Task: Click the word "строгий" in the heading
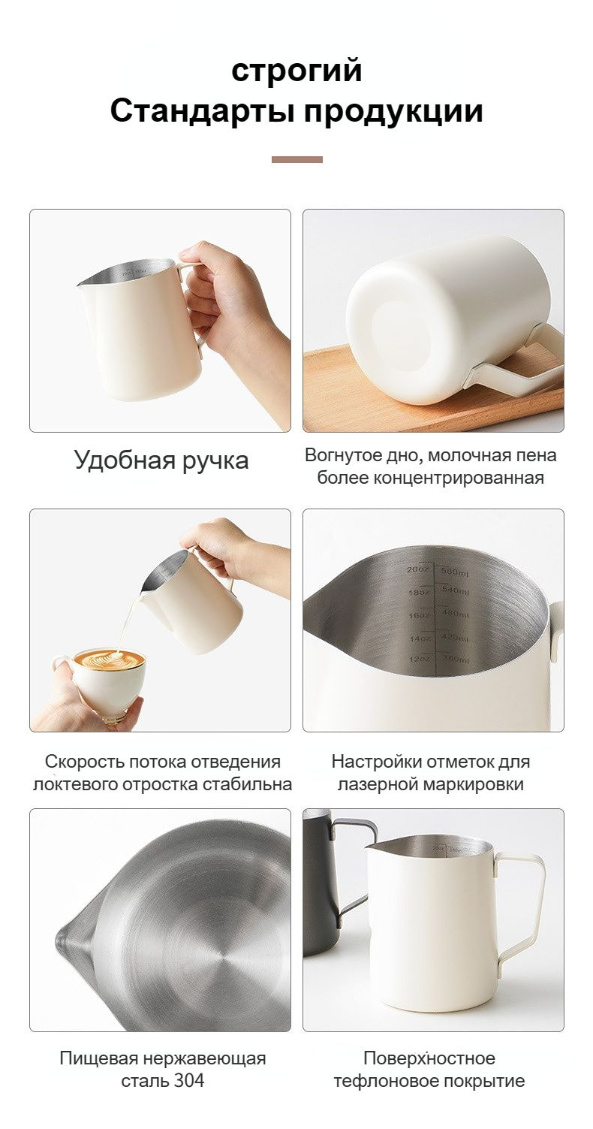coord(296,71)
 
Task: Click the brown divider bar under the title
coord(296,159)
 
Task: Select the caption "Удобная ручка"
coord(161,460)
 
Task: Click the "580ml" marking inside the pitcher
coord(455,573)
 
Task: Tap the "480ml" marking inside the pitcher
coord(455,615)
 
